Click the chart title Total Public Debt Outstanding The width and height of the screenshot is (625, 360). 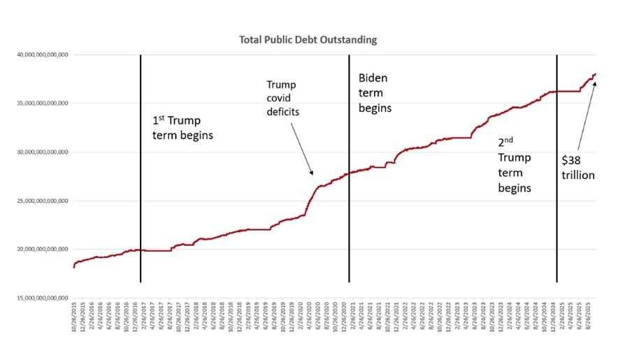308,40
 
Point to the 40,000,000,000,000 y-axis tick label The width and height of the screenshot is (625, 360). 43,55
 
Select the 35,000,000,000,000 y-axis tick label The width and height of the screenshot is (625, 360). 43,103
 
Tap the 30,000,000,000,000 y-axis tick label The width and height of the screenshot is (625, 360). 43,152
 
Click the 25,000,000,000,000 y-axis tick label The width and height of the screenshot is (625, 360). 43,201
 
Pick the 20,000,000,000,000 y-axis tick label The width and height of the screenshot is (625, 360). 43,249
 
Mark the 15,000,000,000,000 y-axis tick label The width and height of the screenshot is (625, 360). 43,298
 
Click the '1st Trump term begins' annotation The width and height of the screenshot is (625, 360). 182,127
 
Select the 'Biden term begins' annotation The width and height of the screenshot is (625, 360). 375,93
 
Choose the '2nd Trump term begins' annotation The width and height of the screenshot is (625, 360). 515,164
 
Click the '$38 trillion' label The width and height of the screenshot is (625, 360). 578,168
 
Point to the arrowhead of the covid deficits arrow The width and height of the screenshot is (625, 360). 313,173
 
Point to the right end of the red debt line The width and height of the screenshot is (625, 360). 596,74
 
